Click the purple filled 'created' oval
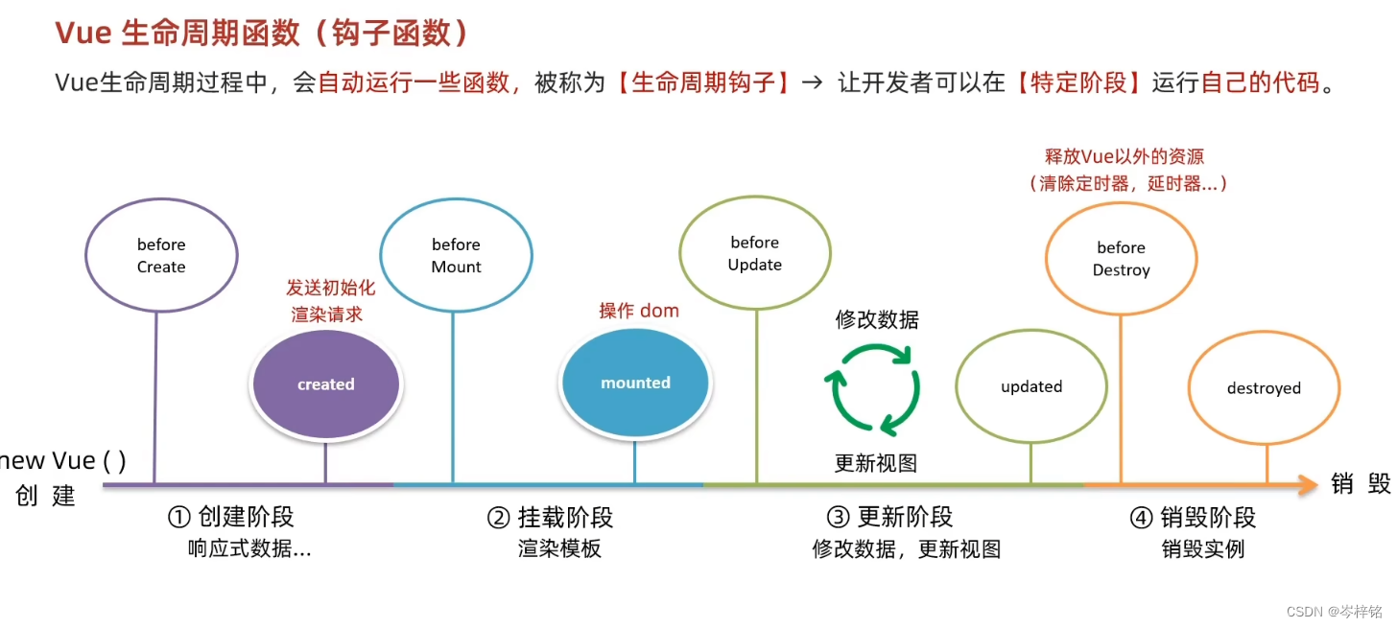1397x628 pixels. pos(326,384)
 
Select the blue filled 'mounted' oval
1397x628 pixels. pos(635,383)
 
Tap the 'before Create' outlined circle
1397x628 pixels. pos(161,256)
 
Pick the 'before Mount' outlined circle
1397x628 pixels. pos(456,256)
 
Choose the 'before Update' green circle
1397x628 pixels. pos(755,254)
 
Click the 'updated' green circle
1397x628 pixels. pos(1031,387)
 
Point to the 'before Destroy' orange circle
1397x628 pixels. pos(1121,259)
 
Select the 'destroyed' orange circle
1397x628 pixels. pos(1264,388)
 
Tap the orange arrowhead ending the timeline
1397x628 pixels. pos(1307,485)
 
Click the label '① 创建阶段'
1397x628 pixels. pos(230,518)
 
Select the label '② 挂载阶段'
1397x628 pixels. pos(550,518)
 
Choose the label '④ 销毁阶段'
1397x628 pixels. pos(1193,518)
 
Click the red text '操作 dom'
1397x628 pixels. pos(639,311)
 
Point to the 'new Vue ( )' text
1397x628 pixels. pos(62,460)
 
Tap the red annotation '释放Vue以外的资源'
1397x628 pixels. pos(1124,156)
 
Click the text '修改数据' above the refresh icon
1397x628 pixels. pos(877,320)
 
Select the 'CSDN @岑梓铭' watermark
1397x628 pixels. pos(1335,611)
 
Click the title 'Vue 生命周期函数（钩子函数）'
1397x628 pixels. pos(263,33)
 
